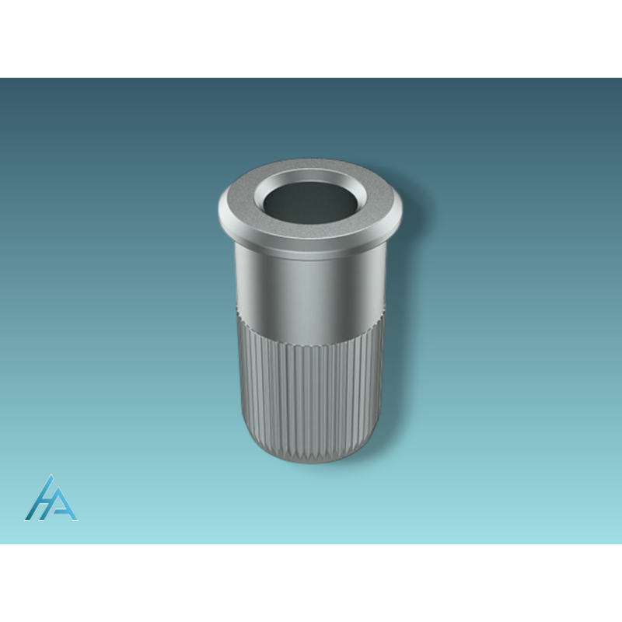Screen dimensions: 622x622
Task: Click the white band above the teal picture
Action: click(x=311, y=39)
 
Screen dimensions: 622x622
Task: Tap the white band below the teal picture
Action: click(x=311, y=583)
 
